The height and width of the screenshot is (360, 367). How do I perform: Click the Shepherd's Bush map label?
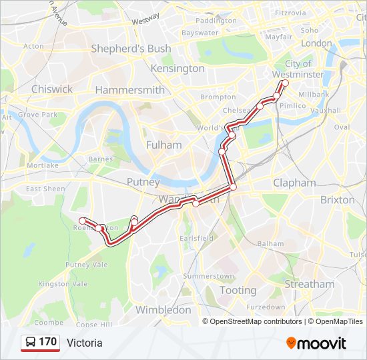click(x=131, y=49)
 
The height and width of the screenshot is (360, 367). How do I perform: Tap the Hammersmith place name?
click(x=130, y=90)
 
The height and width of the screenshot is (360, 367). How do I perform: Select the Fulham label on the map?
click(x=163, y=145)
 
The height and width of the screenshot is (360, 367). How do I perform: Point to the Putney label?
click(x=143, y=182)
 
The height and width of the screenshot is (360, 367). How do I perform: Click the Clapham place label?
click(x=294, y=183)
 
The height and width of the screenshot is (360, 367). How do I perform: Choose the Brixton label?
click(x=338, y=199)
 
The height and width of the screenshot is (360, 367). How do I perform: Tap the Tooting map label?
click(x=238, y=290)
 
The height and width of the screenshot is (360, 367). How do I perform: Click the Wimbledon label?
click(x=163, y=310)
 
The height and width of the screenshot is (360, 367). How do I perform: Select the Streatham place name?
click(x=310, y=284)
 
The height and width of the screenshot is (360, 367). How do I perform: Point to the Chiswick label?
click(x=52, y=89)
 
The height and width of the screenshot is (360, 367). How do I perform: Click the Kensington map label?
click(x=178, y=69)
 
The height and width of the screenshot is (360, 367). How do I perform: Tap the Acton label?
click(x=33, y=47)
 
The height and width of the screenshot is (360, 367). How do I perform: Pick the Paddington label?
click(x=216, y=21)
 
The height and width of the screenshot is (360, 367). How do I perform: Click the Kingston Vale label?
click(x=63, y=283)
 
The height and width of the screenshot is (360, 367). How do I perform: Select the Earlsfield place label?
click(x=197, y=238)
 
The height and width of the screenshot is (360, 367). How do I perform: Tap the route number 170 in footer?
click(x=48, y=342)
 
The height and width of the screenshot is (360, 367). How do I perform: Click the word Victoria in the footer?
click(x=85, y=343)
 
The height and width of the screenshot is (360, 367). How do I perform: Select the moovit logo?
click(x=316, y=343)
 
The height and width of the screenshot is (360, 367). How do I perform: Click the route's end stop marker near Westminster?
click(x=284, y=83)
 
